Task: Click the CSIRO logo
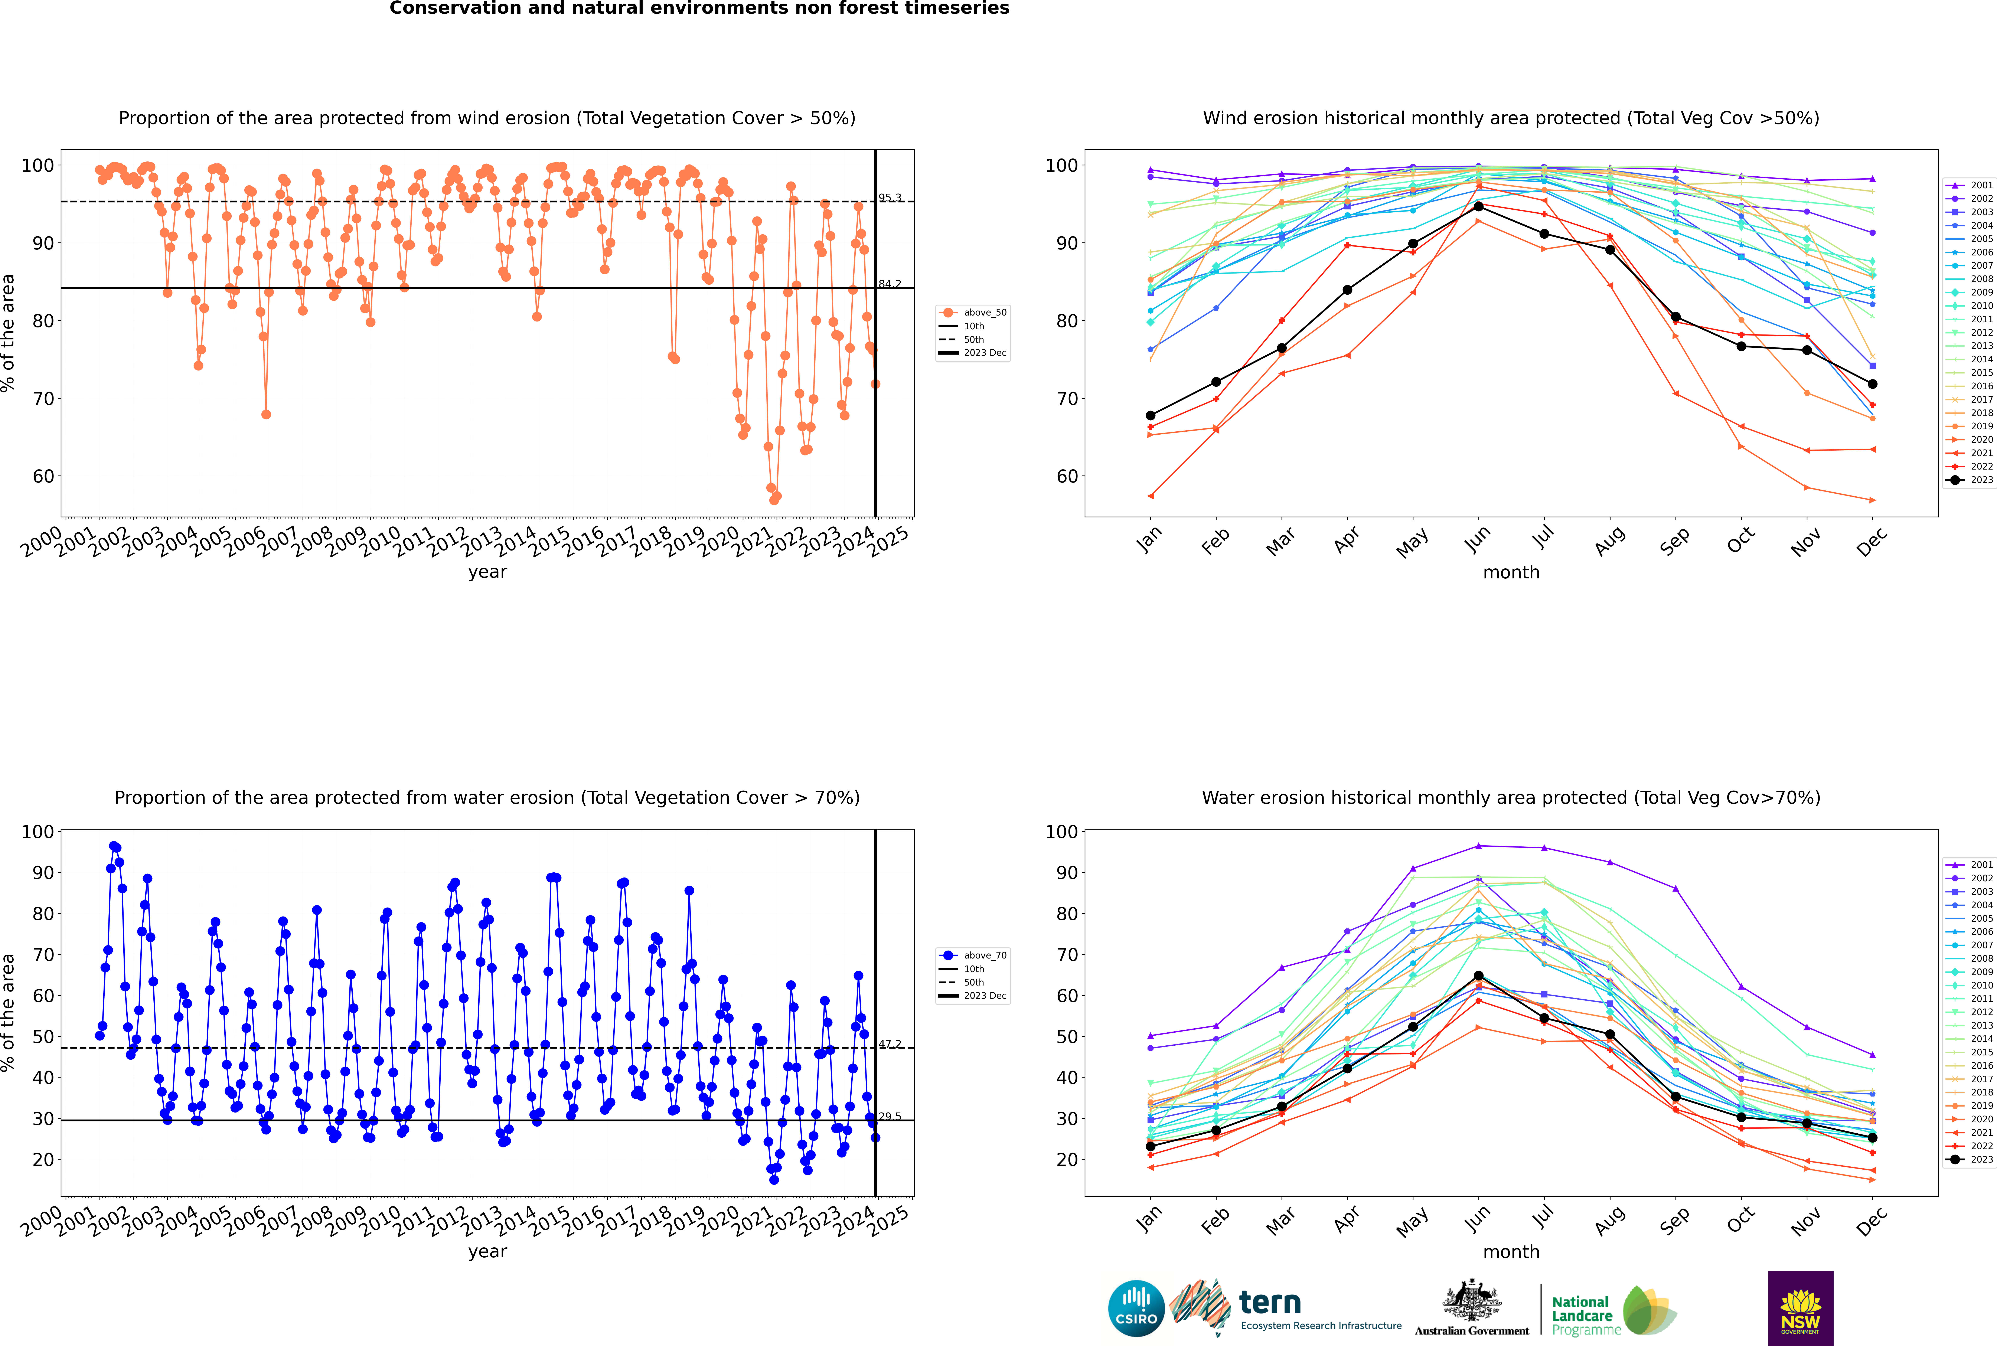pyautogui.click(x=1136, y=1309)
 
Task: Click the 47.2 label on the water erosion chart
pyautogui.click(x=890, y=1044)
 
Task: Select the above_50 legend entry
pyautogui.click(x=973, y=313)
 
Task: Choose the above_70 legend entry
pyautogui.click(x=973, y=955)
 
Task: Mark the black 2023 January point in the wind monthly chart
pyautogui.click(x=1151, y=415)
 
